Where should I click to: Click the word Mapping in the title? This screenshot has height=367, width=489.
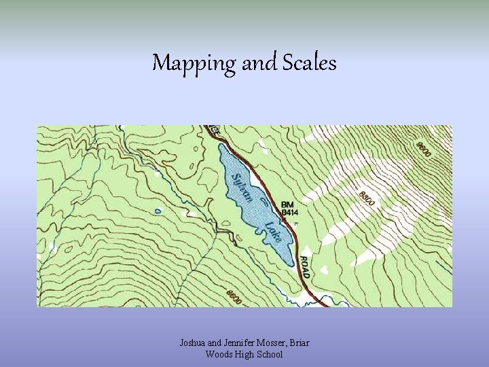click(194, 63)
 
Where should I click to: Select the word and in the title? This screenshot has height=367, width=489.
click(258, 63)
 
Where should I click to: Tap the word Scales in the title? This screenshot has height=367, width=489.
click(310, 63)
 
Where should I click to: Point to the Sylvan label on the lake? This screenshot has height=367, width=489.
click(242, 188)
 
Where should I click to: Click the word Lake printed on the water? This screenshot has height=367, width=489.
click(274, 232)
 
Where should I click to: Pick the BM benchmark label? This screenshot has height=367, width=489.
click(289, 204)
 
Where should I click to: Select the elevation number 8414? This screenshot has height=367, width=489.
click(290, 213)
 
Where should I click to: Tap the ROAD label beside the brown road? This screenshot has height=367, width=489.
click(304, 267)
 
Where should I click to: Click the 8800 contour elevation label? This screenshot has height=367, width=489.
click(367, 198)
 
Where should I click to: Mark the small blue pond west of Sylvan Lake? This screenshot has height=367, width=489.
click(158, 211)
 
